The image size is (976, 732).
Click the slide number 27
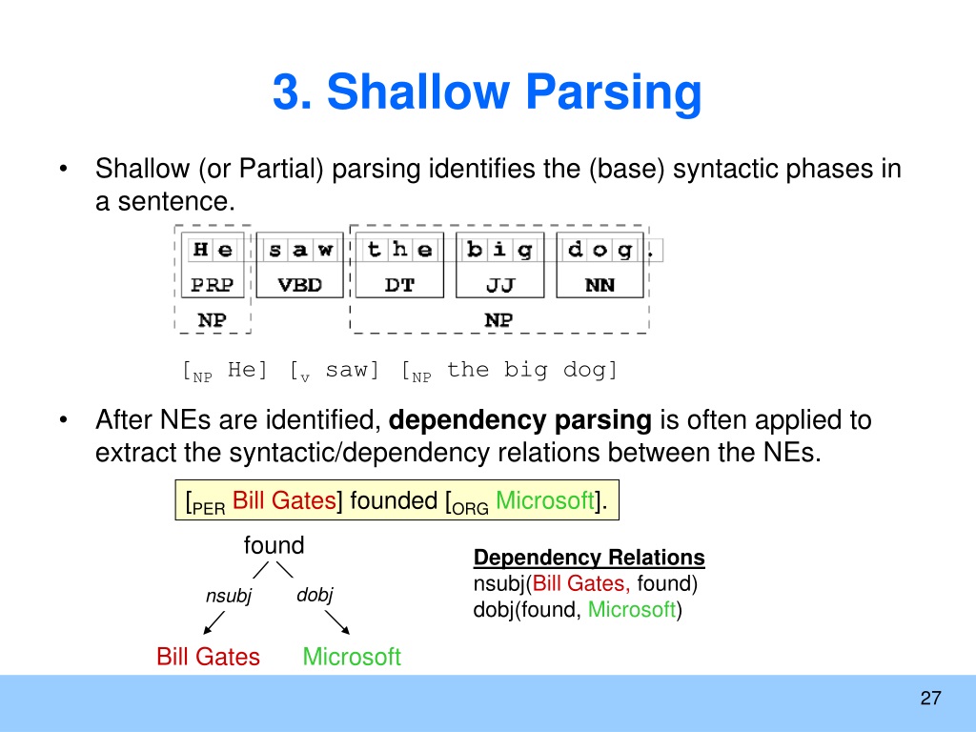(930, 698)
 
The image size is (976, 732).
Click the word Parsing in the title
(614, 93)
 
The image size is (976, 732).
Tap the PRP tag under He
(213, 284)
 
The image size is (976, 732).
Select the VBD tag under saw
(299, 284)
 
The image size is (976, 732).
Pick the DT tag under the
(399, 284)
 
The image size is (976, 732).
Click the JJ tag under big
(499, 285)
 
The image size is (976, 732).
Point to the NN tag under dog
(600, 284)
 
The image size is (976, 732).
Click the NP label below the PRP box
(213, 319)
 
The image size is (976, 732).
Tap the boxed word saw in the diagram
(300, 250)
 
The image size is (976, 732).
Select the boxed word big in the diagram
(499, 251)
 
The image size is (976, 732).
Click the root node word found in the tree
(274, 545)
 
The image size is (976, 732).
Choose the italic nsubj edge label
(229, 596)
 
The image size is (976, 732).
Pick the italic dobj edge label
(315, 595)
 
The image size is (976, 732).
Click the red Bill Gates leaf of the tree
(208, 656)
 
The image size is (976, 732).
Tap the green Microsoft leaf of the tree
(352, 656)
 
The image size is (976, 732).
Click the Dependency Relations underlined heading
(589, 557)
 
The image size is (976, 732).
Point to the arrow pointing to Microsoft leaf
(337, 622)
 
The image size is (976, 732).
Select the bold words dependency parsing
(519, 420)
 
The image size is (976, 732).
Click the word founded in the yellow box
(394, 500)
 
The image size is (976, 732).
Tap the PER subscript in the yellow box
(209, 509)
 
